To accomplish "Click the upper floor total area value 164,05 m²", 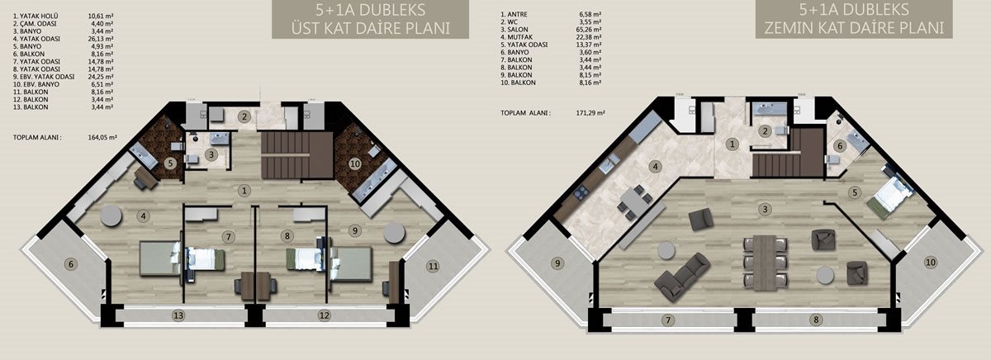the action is click(x=102, y=138).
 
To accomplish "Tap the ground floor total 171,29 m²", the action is click(x=590, y=113).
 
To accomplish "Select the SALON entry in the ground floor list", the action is click(x=514, y=30).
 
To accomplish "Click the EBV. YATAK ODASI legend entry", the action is click(x=44, y=77).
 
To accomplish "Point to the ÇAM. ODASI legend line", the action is click(x=35, y=23).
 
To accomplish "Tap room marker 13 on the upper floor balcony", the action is click(x=178, y=315).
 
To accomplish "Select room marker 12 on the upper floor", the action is click(x=325, y=315).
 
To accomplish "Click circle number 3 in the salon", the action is click(x=765, y=209).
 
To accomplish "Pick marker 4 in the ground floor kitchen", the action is click(x=655, y=167).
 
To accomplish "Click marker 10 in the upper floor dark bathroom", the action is click(x=355, y=163).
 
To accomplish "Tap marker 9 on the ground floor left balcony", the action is click(x=557, y=263).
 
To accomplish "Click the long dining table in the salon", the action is click(x=766, y=263).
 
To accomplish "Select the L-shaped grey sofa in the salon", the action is click(x=682, y=276).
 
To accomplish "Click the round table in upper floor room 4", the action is click(x=111, y=216).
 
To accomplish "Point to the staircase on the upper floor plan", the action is click(x=296, y=155).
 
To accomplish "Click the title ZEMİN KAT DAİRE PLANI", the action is click(x=854, y=28).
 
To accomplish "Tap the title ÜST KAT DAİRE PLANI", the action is click(x=370, y=28).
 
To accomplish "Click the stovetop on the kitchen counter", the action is click(x=581, y=192).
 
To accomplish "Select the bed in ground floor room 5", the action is click(x=890, y=196).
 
